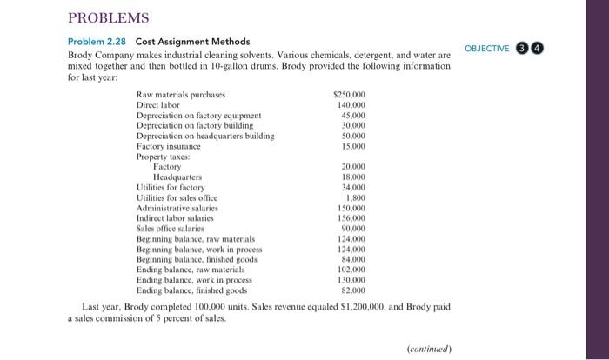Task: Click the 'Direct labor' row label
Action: click(158, 104)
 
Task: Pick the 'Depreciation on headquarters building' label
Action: click(205, 136)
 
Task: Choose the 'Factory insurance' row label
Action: click(169, 146)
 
